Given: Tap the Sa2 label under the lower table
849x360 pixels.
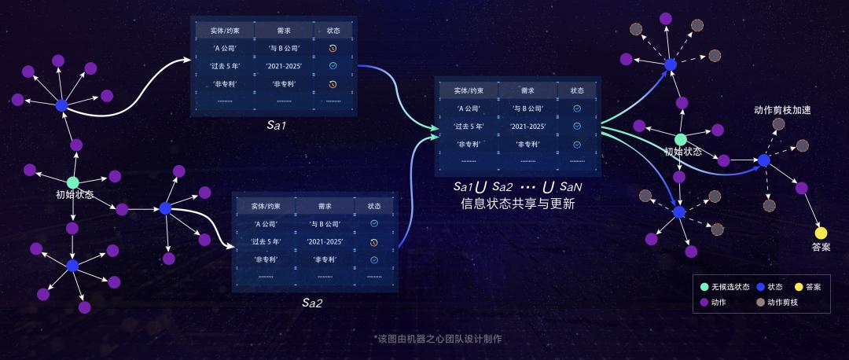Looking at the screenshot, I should [312, 302].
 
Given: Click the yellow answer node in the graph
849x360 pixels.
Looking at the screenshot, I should [821, 233].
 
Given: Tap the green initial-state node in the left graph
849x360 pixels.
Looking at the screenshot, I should [72, 182].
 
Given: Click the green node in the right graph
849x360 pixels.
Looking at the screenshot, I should [680, 139].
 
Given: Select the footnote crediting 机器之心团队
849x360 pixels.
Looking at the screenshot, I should [439, 339].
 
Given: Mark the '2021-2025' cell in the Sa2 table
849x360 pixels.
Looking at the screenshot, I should [320, 241].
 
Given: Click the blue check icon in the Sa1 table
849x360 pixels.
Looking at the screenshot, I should [333, 65].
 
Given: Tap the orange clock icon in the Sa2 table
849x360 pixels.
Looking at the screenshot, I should [374, 241].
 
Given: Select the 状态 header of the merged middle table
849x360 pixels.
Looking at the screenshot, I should [577, 90].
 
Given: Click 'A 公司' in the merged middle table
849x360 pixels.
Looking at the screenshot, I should [469, 108].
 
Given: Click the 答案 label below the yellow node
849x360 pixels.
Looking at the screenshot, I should [821, 247].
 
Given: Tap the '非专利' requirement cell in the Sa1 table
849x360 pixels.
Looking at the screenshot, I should [283, 83].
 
